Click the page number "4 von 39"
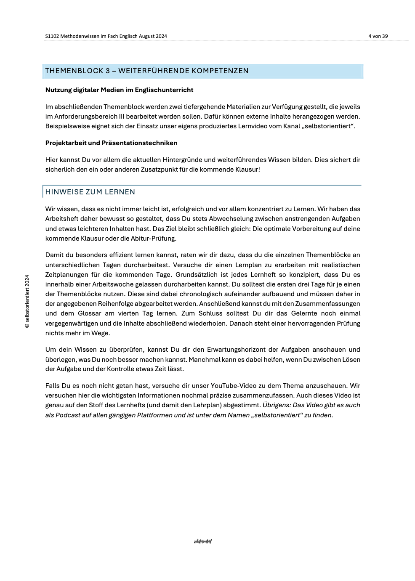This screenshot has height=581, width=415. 378,36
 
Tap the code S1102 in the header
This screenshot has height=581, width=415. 52,36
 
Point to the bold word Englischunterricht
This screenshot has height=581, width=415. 164,90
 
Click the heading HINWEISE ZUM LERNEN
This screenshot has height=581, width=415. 90,192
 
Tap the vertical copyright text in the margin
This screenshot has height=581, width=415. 27,301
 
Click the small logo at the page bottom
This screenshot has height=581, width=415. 203,541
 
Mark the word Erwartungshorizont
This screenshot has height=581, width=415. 236,350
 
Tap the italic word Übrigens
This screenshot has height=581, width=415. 276,405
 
